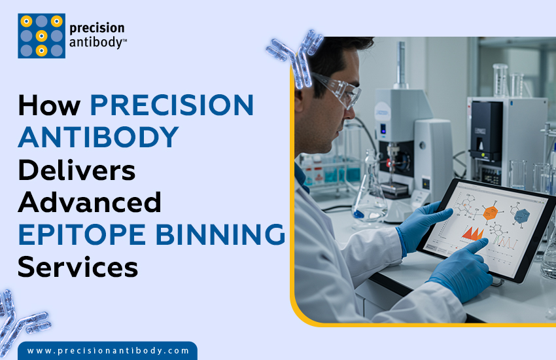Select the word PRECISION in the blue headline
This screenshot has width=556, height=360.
point(171,106)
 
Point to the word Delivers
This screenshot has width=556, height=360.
point(77,170)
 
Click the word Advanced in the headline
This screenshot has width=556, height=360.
point(90,202)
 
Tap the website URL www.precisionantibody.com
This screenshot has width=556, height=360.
point(108,351)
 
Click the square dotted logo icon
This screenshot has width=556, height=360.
point(41,35)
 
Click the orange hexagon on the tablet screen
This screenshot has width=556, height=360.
point(490,212)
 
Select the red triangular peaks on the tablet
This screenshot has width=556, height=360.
point(472,233)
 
